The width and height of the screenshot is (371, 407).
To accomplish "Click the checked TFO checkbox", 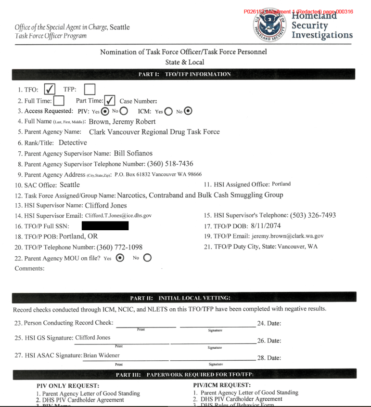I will tap(50, 89).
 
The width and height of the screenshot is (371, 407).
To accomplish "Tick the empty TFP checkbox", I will tap(90, 89).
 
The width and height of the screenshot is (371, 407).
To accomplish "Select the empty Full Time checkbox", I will tap(59, 101).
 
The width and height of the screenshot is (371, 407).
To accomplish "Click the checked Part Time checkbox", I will tap(110, 101).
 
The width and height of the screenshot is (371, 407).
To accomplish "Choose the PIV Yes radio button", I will tap(105, 111).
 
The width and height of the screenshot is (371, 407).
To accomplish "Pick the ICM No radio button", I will tap(188, 111).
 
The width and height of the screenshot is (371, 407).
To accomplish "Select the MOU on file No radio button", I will tap(147, 258).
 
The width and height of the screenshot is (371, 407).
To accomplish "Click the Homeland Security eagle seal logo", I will tap(270, 25).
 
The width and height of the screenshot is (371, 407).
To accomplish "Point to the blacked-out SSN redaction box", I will tap(105, 226).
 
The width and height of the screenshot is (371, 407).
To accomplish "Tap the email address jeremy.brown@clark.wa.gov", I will tap(287, 236).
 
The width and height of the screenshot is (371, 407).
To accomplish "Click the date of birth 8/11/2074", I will tap(266, 225).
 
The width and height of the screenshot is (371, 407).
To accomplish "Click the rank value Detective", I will tap(73, 143).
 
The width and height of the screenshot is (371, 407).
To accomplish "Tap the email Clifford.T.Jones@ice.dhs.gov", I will tap(118, 215).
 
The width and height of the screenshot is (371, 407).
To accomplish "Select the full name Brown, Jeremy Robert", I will tap(122, 121).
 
